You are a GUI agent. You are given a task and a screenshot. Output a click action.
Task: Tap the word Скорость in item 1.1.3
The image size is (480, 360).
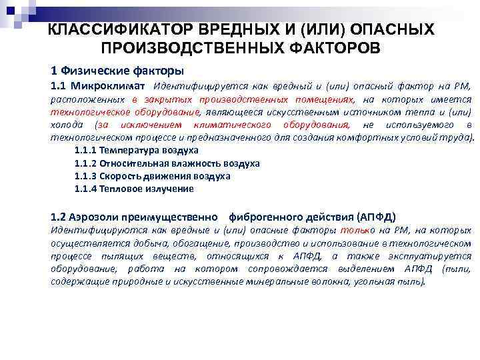[125, 176]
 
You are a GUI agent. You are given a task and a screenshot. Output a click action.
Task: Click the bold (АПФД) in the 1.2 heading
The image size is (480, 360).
[376, 217]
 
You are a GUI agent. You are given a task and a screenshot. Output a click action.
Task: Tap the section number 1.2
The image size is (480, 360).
[59, 217]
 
